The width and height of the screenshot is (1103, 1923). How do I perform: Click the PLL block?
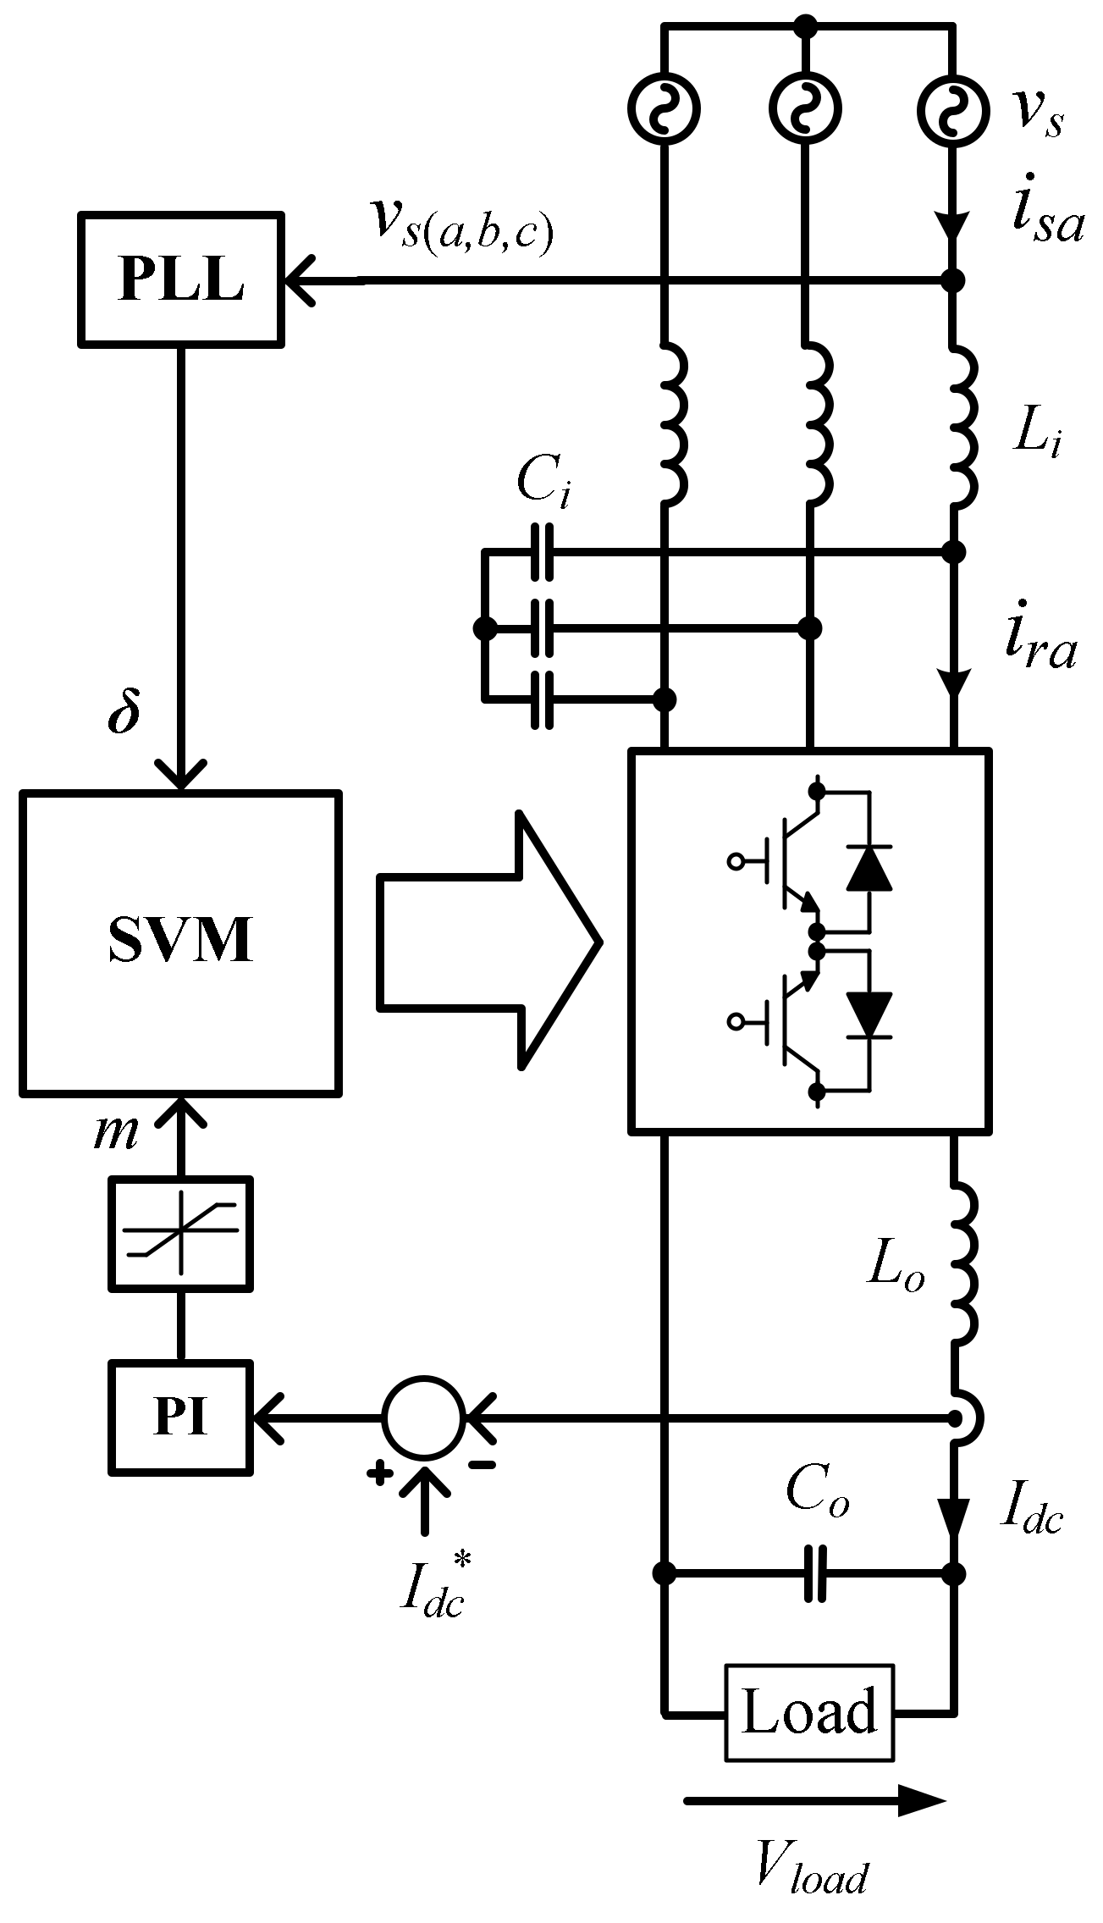(181, 279)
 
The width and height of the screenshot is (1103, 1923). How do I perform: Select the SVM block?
(180, 942)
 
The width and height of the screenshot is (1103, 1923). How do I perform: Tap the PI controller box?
(180, 1417)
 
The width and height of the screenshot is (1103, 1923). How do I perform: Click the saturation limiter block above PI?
(180, 1233)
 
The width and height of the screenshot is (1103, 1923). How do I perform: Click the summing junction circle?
(423, 1417)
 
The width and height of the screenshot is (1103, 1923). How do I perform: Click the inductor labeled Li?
(962, 423)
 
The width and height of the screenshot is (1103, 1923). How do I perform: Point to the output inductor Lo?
(962, 1262)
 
